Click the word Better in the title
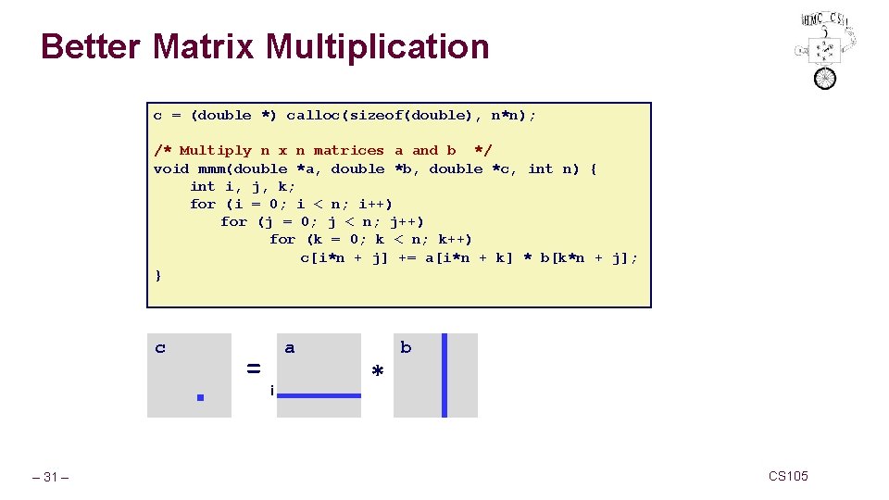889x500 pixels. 92,46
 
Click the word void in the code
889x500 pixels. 171,169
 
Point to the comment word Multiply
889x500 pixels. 215,150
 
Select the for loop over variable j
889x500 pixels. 322,221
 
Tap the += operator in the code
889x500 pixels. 407,257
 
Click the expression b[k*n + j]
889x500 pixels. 588,257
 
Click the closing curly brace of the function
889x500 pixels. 158,275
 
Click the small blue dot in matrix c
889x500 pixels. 198,397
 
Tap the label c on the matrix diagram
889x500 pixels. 160,348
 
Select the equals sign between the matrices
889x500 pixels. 253,368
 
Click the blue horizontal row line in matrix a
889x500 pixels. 319,395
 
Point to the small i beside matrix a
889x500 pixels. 270,391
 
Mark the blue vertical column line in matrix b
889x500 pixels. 444,375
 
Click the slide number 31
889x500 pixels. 50,477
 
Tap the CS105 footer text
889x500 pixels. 788,476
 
